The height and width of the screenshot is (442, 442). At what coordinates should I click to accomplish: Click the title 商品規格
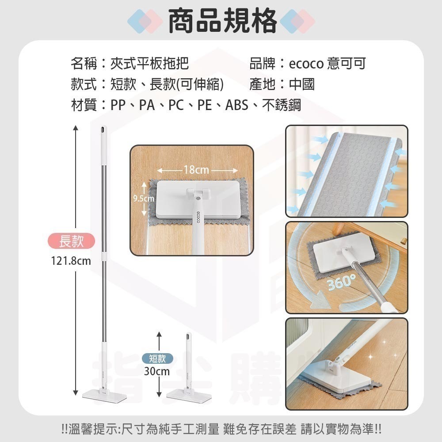click(223, 20)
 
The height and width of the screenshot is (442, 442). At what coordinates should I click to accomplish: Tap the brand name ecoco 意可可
click(327, 64)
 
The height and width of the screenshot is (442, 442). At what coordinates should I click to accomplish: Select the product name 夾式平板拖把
click(149, 64)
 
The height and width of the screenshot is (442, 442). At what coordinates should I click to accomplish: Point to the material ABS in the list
click(236, 106)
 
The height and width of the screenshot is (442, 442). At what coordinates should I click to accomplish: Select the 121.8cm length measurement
click(71, 261)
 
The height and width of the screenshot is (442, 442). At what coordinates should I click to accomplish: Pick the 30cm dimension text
click(157, 371)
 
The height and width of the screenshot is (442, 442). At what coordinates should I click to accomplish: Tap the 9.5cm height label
click(144, 199)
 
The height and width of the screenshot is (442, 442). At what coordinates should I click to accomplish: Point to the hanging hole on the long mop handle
click(103, 130)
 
